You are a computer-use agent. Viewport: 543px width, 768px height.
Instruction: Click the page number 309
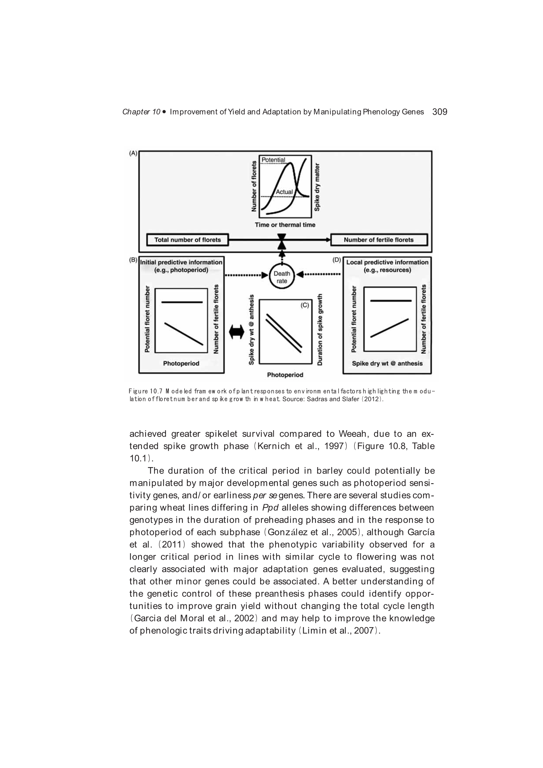point(439,112)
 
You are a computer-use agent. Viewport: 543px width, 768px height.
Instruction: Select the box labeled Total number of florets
point(187,240)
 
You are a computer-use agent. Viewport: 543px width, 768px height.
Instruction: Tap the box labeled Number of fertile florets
point(378,240)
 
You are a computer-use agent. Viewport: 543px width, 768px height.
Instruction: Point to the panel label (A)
point(133,153)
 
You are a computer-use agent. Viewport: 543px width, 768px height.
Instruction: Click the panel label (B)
point(133,260)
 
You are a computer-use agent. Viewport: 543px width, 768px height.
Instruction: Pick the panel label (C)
point(305,305)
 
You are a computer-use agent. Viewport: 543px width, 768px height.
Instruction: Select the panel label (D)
point(336,260)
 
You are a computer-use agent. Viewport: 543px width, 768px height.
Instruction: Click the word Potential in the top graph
point(273,160)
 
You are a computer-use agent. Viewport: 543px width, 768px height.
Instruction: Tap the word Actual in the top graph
point(284,192)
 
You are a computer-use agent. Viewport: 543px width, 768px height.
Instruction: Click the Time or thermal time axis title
point(285,225)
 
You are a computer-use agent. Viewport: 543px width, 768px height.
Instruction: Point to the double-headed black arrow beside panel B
point(237,332)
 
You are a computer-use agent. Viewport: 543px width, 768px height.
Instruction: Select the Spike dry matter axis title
point(317,187)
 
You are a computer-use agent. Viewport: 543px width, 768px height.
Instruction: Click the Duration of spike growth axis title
point(320,329)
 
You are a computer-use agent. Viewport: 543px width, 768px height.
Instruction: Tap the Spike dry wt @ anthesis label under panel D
point(387,364)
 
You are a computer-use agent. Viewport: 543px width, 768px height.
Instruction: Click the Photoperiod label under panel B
point(181,364)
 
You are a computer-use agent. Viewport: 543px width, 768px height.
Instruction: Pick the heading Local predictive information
point(387,262)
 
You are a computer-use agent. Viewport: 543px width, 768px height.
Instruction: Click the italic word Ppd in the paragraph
point(270,508)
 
